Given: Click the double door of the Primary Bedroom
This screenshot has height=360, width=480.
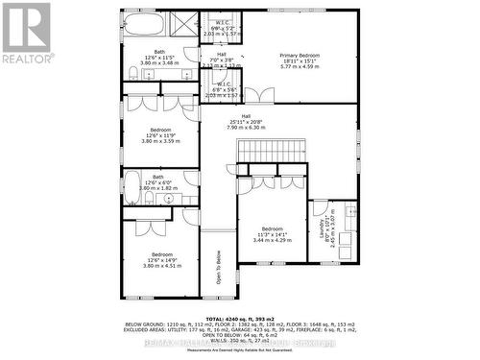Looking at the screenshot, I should click(259, 94).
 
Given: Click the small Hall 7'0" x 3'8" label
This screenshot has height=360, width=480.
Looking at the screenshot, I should click(221, 60).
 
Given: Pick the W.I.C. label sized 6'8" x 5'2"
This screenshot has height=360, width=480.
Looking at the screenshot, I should click(221, 26).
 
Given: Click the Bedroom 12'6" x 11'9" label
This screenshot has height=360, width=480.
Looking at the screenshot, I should click(160, 134).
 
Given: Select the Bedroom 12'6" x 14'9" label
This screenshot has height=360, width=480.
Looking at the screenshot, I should click(160, 259).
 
